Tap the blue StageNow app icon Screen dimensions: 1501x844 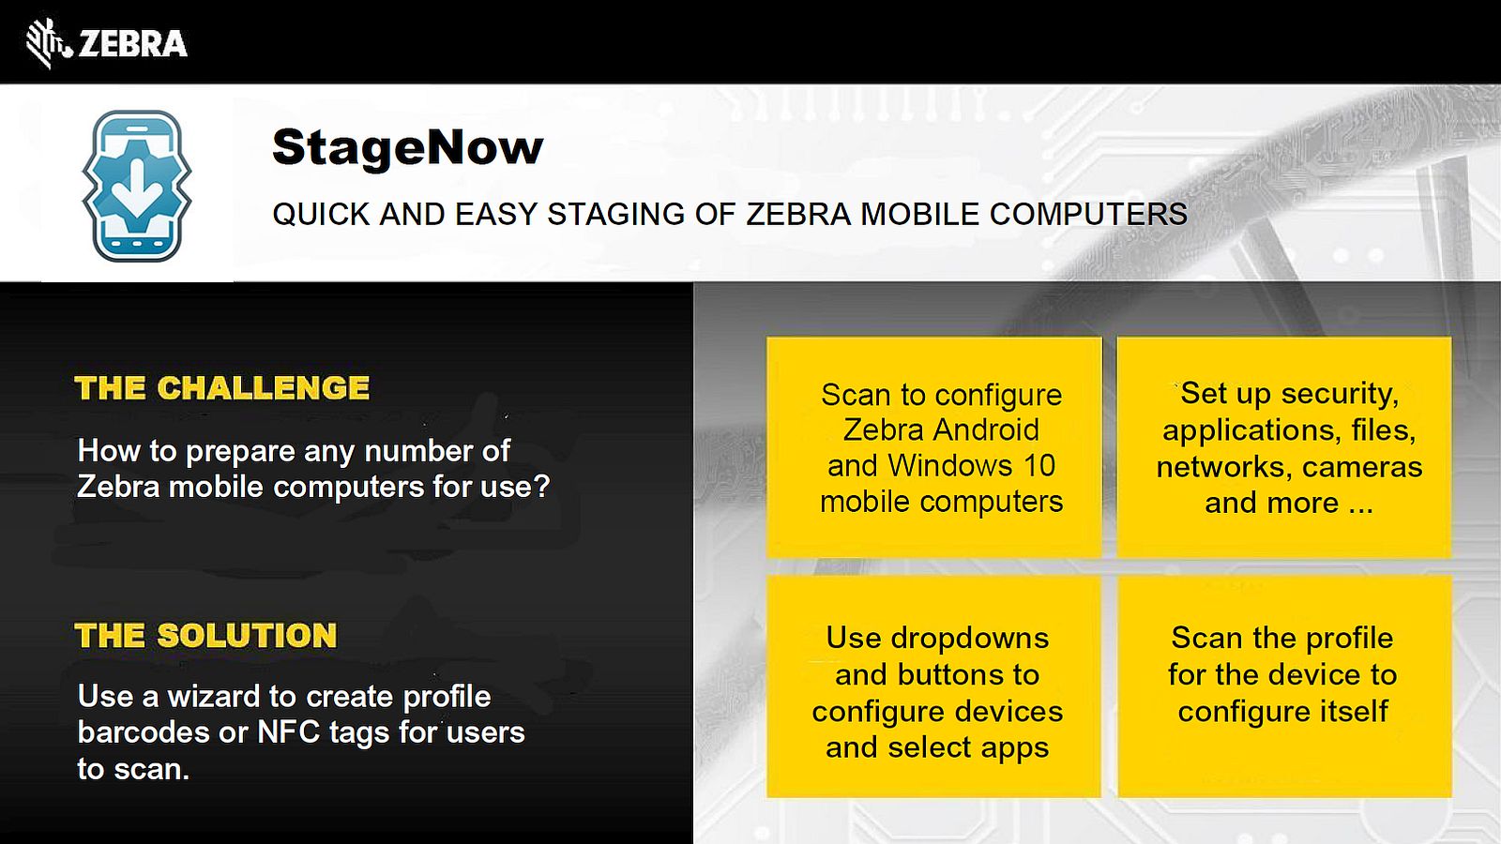[x=137, y=187]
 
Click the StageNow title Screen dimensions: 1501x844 [x=407, y=148]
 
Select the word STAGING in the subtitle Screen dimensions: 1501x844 [x=615, y=215]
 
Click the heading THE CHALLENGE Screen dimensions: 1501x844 [x=221, y=388]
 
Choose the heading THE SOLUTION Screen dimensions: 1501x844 [x=205, y=635]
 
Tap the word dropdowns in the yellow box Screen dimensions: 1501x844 [x=970, y=639]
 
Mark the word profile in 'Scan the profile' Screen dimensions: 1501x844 [x=1349, y=639]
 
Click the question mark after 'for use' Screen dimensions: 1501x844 [x=541, y=487]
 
